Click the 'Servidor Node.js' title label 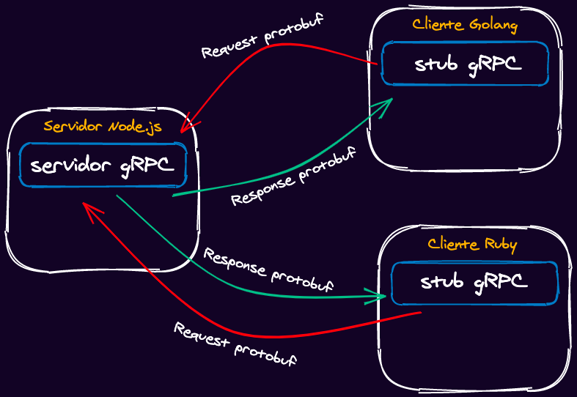[x=102, y=126]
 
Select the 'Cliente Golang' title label [x=465, y=25]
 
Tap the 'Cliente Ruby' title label [x=472, y=244]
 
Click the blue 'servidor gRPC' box [x=103, y=166]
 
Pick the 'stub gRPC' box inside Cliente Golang [x=465, y=64]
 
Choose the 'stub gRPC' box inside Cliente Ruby [x=474, y=283]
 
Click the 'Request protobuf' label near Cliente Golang [x=262, y=35]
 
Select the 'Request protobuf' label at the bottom [x=235, y=344]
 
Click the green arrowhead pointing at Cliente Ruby [x=380, y=297]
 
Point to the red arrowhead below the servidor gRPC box [x=89, y=210]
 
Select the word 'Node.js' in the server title [x=135, y=126]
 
